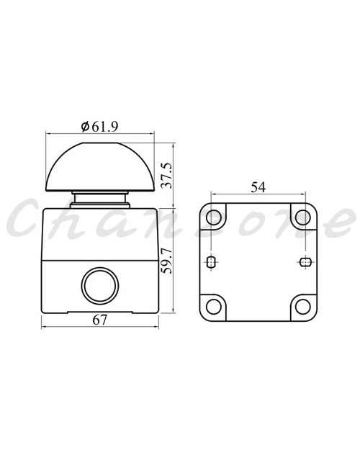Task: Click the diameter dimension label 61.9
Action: click(105, 127)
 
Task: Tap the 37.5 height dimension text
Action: click(166, 176)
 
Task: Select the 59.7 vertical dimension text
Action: click(166, 261)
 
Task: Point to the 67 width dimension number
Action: click(100, 320)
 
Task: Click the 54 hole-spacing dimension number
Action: click(258, 187)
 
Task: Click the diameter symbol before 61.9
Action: click(85, 127)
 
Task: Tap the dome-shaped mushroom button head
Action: click(100, 167)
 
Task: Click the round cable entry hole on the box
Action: click(100, 286)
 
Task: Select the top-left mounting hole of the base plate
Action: click(214, 217)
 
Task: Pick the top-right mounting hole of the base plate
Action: click(303, 217)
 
